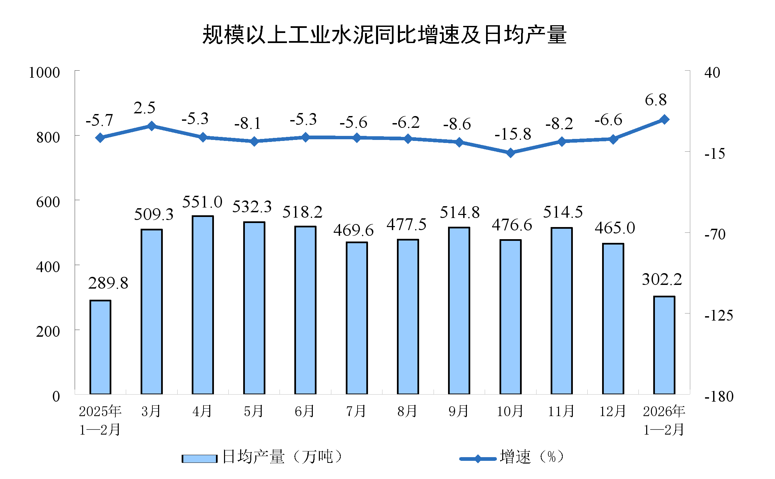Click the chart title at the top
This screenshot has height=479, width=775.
click(384, 35)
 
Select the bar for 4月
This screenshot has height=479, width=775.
click(203, 304)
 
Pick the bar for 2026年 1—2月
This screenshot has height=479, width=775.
click(664, 345)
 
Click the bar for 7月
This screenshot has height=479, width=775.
click(357, 318)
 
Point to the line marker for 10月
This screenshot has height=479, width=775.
click(511, 153)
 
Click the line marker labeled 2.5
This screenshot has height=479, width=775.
click(152, 126)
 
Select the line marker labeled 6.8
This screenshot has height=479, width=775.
click(664, 119)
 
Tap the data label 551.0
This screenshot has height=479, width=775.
click(202, 202)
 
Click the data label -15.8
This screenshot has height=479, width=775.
click(513, 134)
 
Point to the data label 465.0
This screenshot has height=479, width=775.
click(615, 228)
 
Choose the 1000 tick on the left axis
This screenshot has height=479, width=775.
click(44, 73)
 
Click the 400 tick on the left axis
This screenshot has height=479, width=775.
click(48, 267)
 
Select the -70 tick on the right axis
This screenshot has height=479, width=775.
click(715, 234)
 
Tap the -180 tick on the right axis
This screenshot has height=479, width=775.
click(719, 397)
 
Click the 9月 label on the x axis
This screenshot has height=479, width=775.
click(458, 411)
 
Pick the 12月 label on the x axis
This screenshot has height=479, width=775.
click(612, 411)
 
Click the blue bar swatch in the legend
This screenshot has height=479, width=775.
click(199, 458)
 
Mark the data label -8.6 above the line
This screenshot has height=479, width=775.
click(457, 124)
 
